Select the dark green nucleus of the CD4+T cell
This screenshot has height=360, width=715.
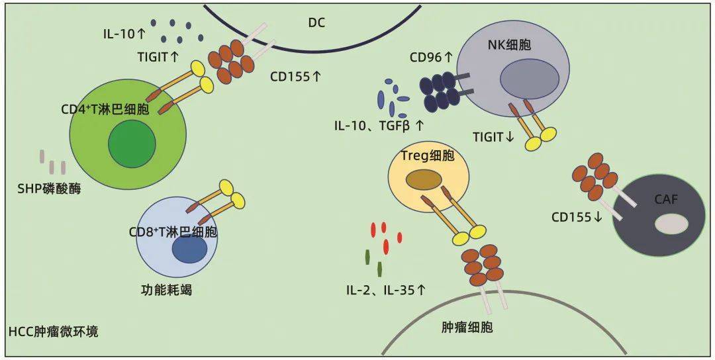pyautogui.click(x=132, y=145)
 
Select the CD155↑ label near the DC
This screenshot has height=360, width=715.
pyautogui.click(x=296, y=76)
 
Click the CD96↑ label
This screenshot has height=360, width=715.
pyautogui.click(x=431, y=58)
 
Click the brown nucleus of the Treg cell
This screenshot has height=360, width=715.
pyautogui.click(x=424, y=179)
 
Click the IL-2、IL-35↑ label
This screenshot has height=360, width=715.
pyautogui.click(x=385, y=290)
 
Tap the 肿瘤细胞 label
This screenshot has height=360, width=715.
pyautogui.click(x=467, y=328)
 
